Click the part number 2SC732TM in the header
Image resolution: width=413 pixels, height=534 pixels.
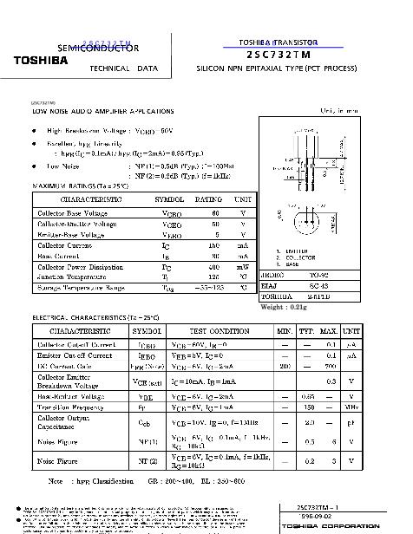click(279, 53)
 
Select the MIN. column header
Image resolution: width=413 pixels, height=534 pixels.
click(284, 331)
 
